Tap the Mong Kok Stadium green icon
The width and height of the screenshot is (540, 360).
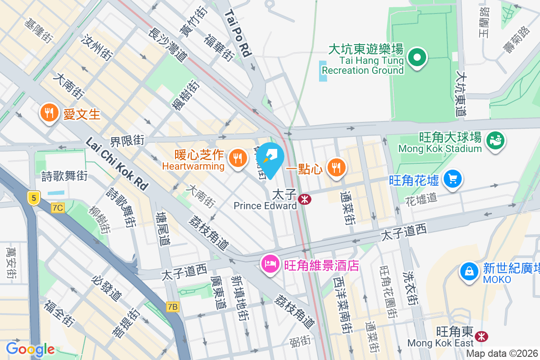click(495, 140)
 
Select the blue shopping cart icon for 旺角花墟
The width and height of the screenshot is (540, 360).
click(452, 179)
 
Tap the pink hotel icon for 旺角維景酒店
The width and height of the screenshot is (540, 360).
click(270, 263)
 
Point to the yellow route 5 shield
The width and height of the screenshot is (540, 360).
click(33, 198)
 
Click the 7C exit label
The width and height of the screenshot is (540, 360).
click(58, 208)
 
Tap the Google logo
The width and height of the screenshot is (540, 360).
click(30, 349)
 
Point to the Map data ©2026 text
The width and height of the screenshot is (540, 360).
click(502, 354)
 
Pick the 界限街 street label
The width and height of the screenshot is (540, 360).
click(128, 141)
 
